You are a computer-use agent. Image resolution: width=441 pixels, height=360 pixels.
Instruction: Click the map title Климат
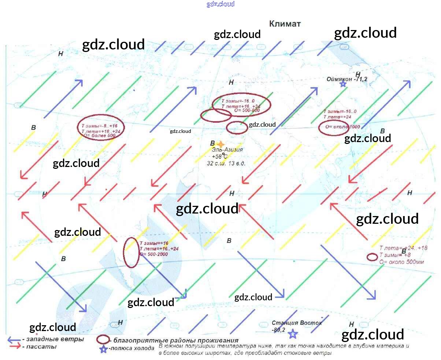pos(285,24)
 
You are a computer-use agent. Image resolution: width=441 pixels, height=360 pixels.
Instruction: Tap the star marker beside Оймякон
pos(343,84)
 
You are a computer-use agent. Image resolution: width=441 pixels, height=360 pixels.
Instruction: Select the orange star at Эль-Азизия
pos(220,144)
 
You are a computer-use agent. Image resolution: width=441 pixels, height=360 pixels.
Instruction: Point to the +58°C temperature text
pos(220,156)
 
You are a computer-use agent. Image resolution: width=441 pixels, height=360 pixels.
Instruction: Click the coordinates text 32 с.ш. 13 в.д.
pos(226,163)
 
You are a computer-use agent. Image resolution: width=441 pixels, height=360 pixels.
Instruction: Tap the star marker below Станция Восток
pos(292,334)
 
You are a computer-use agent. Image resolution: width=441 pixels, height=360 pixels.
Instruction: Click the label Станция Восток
pos(297,323)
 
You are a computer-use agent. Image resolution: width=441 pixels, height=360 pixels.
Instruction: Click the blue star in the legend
pos(104,349)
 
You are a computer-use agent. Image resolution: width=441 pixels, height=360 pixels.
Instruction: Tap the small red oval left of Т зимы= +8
pos(372,257)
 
